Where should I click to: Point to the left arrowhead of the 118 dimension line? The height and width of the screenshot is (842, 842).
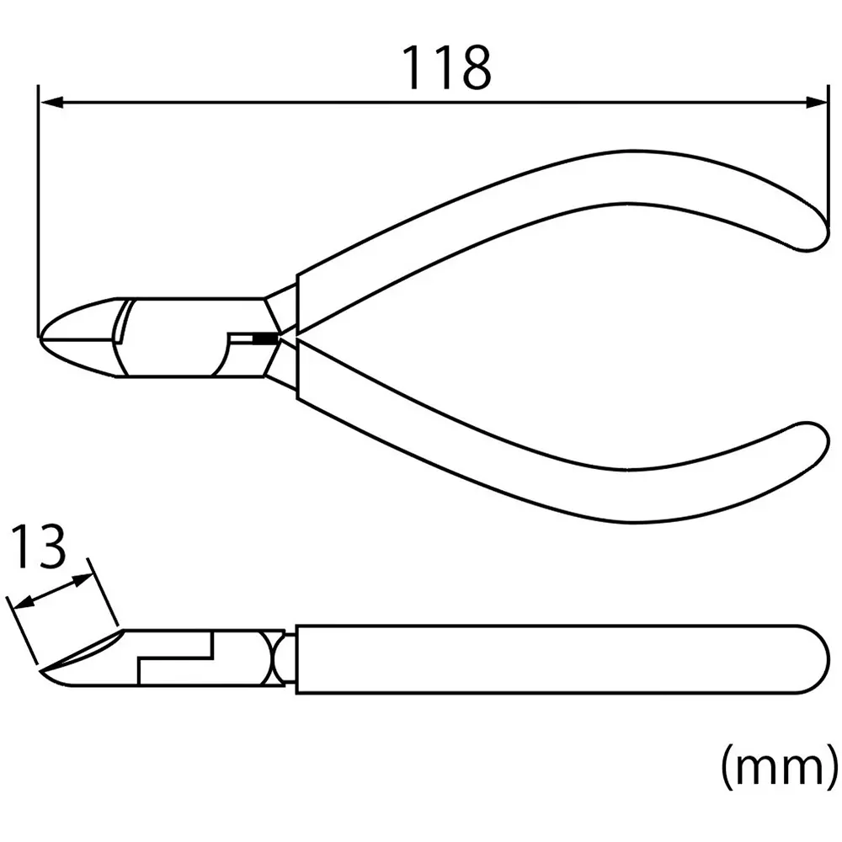(x=51, y=103)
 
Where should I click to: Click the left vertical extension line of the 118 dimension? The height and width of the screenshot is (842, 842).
(x=39, y=210)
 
